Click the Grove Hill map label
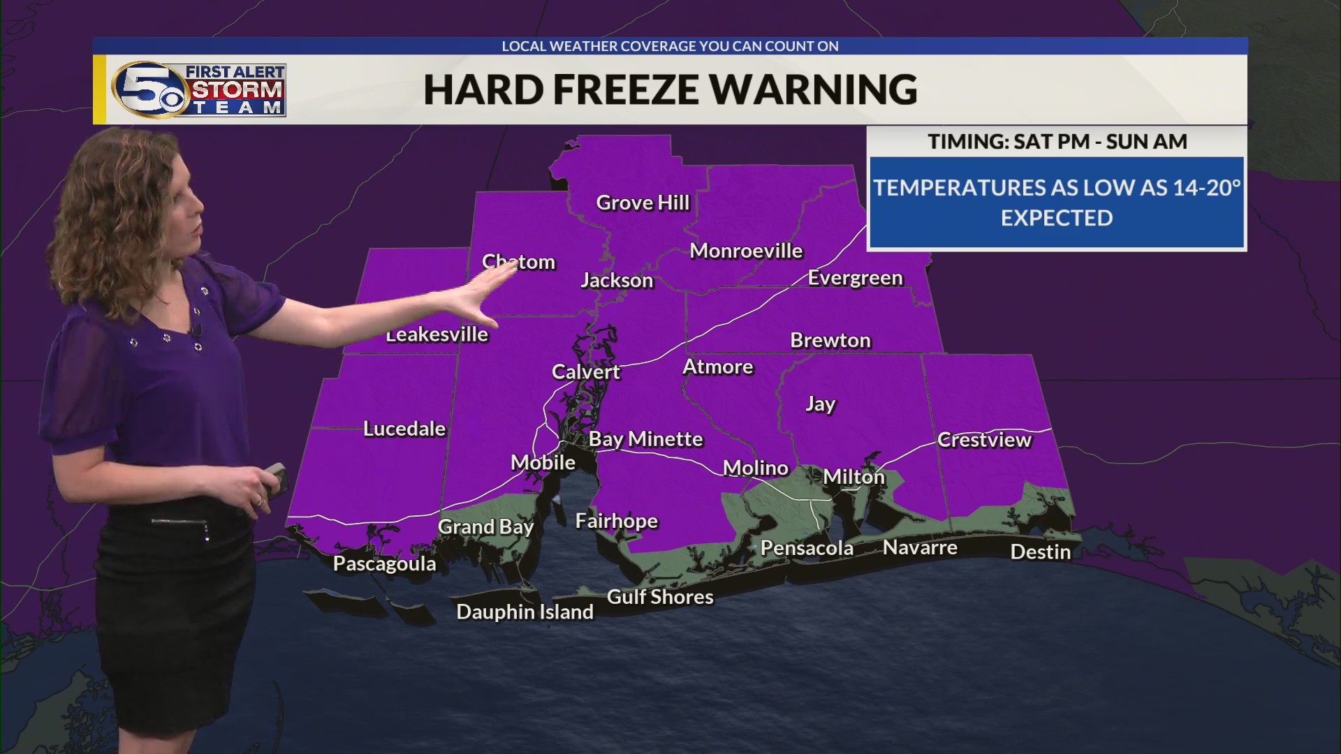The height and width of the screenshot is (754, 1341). tap(643, 203)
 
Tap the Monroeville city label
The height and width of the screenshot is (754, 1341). tap(746, 251)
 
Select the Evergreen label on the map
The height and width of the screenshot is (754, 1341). tap(855, 278)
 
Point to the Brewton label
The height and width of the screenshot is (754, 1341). tap(830, 341)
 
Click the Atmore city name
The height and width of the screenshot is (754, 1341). tap(718, 367)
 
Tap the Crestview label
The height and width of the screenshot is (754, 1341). tap(983, 440)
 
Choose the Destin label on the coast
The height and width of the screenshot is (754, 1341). tap(1040, 552)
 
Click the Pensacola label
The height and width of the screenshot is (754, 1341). tap(807, 549)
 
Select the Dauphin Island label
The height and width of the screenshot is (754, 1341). tap(525, 612)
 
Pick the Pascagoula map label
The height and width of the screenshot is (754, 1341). tap(384, 564)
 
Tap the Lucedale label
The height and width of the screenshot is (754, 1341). tap(404, 429)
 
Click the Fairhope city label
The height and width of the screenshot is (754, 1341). tap(616, 522)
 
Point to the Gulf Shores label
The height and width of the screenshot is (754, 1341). tap(660, 598)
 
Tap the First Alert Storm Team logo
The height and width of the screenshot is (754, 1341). tap(199, 89)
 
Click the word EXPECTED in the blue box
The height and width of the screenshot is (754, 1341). tap(1056, 219)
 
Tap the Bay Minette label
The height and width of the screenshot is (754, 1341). tap(645, 439)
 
